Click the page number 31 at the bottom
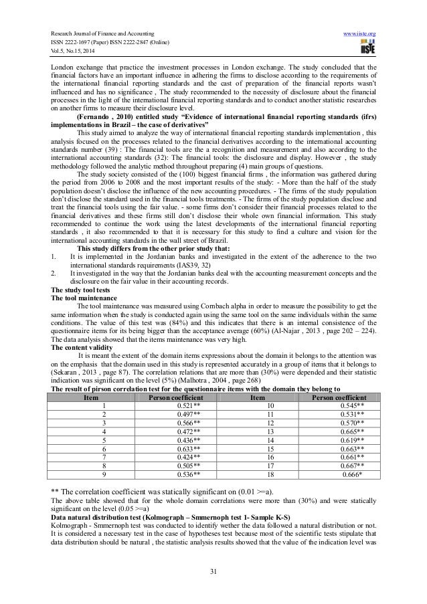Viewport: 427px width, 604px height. click(x=213, y=569)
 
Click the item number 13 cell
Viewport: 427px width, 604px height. click(x=269, y=431)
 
